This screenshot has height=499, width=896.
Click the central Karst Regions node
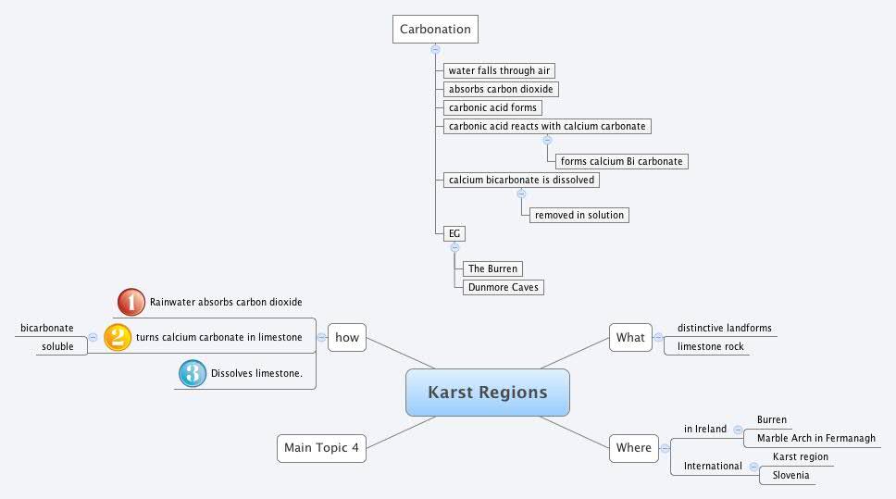(x=487, y=393)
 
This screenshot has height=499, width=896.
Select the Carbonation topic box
(x=435, y=29)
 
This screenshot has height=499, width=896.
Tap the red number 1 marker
(x=131, y=302)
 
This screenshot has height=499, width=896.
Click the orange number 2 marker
(x=118, y=337)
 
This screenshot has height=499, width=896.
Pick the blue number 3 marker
(x=192, y=373)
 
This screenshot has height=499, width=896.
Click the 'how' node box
(x=347, y=337)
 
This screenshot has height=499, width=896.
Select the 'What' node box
(x=630, y=337)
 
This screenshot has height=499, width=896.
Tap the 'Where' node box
(x=634, y=447)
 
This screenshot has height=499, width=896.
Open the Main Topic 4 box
(x=321, y=447)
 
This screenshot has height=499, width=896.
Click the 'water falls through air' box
(x=499, y=70)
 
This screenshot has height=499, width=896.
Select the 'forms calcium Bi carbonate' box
(x=623, y=161)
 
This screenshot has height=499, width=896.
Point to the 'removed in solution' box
(x=579, y=215)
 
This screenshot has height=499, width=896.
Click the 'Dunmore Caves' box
(x=503, y=287)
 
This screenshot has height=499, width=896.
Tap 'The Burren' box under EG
(x=492, y=268)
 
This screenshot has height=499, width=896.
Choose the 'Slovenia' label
(x=790, y=476)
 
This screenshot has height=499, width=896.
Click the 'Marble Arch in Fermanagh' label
(x=815, y=439)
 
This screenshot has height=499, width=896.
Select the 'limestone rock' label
(x=710, y=346)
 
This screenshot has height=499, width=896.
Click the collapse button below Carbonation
(x=435, y=49)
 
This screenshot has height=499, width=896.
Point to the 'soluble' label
(x=57, y=346)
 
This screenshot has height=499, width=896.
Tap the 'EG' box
(x=454, y=233)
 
